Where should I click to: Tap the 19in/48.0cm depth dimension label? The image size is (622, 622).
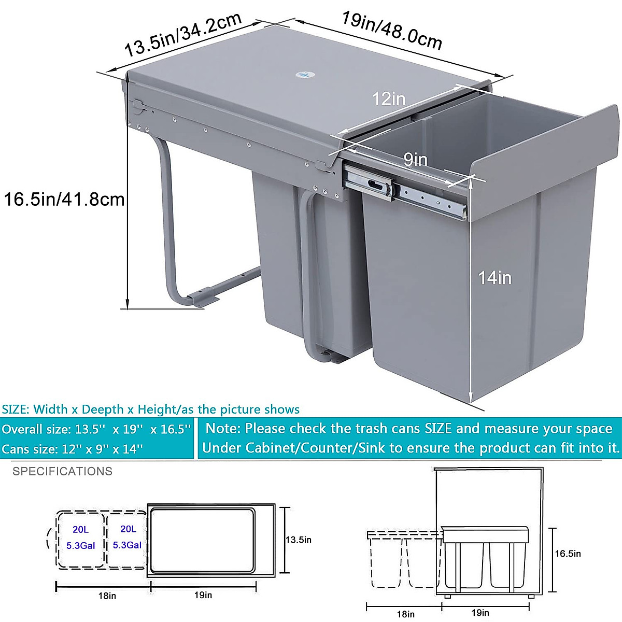click(x=391, y=31)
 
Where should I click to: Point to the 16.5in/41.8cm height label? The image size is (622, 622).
click(x=64, y=199)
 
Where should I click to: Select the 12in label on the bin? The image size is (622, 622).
click(x=389, y=98)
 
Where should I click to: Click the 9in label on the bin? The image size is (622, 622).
click(x=416, y=160)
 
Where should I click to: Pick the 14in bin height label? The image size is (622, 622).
click(x=494, y=278)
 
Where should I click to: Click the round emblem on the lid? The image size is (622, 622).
click(x=302, y=76)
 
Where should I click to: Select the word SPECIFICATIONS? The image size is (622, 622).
click(x=62, y=471)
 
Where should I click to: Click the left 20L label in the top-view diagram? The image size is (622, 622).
click(x=80, y=529)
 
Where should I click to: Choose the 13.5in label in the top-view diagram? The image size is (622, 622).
click(x=299, y=540)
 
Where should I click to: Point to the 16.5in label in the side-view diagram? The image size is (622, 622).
click(x=568, y=554)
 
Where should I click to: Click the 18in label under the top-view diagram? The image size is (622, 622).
click(x=107, y=596)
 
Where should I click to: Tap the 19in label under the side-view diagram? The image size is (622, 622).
click(x=480, y=613)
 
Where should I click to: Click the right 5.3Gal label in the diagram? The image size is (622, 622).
click(x=127, y=545)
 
